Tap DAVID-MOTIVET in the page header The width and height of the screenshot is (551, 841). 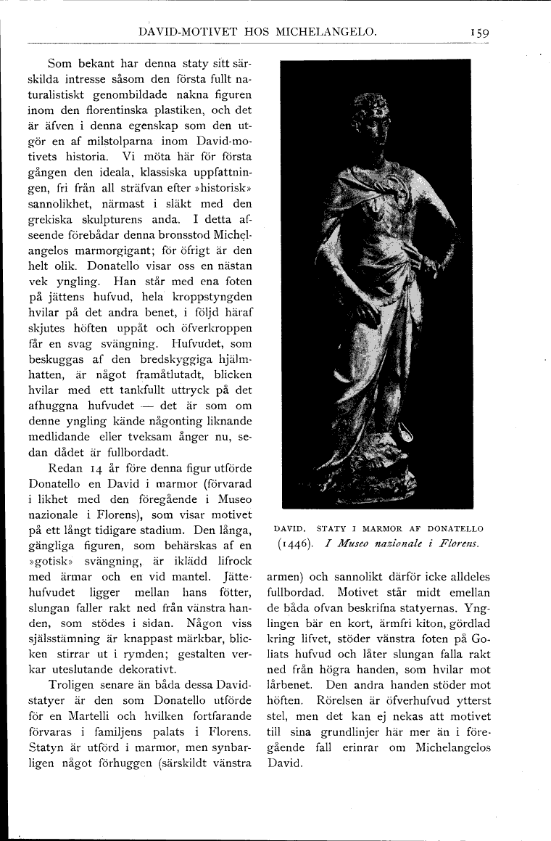tap(183, 31)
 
